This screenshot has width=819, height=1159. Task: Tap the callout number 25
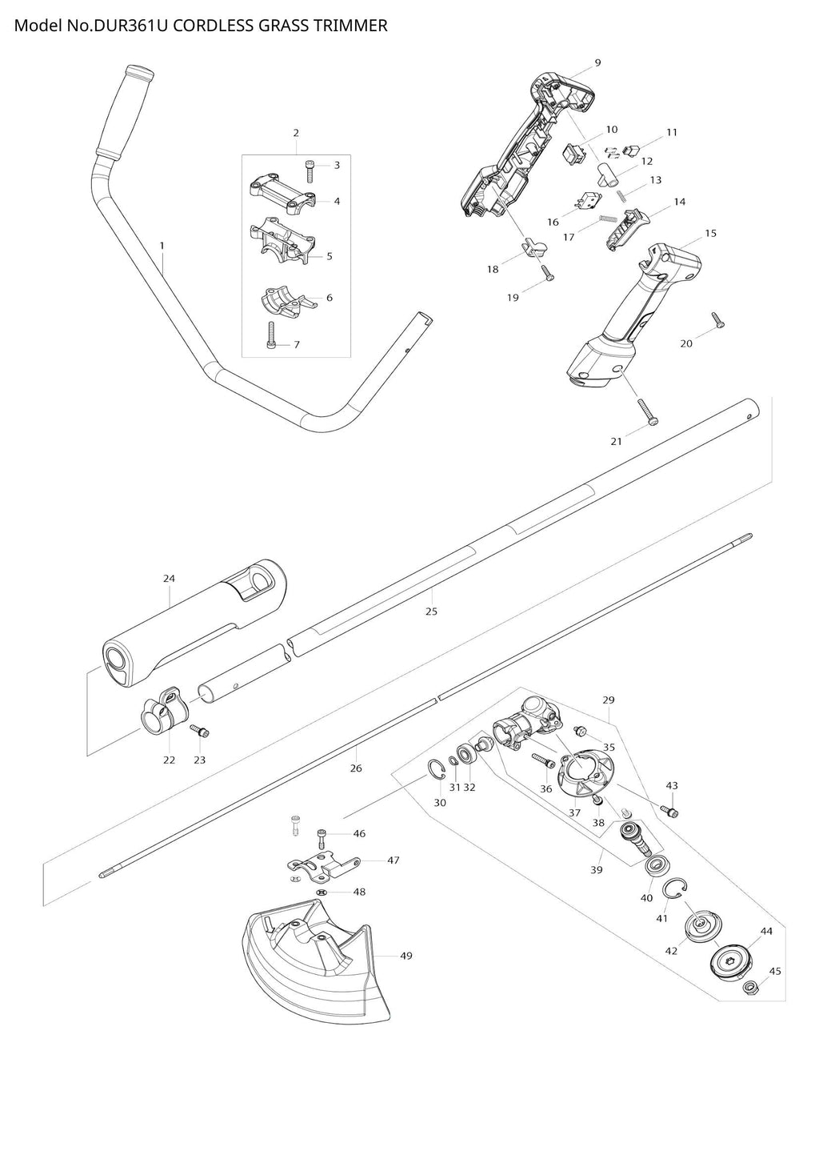coord(432,612)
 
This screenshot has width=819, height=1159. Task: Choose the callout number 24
coord(169,578)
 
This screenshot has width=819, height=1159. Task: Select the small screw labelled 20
coord(717,321)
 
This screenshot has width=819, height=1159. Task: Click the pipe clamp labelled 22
coord(163,708)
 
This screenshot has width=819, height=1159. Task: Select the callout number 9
coord(598,62)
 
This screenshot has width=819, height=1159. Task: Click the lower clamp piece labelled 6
coord(286,300)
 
